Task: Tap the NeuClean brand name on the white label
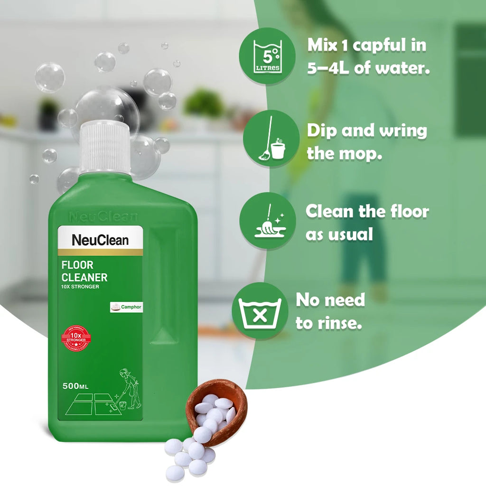coord(100,240)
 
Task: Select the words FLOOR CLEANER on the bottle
coord(84,271)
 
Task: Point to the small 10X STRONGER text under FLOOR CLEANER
coord(80,287)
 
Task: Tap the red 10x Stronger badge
coord(76,338)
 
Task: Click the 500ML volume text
coord(76,386)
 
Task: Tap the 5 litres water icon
coord(267,56)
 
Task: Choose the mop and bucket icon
coord(271,139)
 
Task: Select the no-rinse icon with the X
coord(260,311)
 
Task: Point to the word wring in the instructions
coord(403,131)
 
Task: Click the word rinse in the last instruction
coord(337,323)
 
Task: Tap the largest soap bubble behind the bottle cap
coord(107,112)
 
